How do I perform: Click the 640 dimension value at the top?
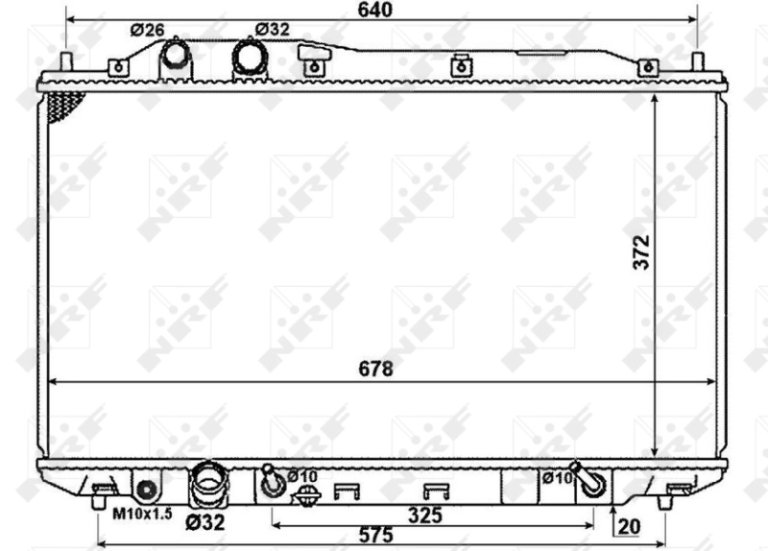[382, 11]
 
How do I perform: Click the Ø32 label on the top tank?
[273, 29]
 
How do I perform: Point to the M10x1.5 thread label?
[136, 515]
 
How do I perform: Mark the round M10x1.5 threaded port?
[147, 490]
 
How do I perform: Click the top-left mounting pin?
[67, 62]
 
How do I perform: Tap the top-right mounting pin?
[697, 62]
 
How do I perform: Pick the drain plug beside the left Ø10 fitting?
[306, 497]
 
